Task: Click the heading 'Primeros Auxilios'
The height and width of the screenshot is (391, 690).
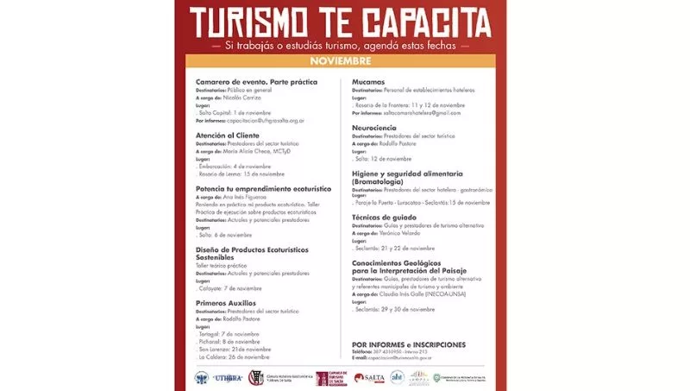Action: tap(226, 303)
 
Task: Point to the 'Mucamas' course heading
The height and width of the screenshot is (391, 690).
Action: tap(368, 81)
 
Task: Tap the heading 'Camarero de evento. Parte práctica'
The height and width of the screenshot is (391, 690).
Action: tap(256, 81)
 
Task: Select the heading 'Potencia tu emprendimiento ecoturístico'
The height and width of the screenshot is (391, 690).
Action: tap(263, 187)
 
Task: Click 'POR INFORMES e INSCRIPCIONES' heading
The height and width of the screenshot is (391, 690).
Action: tap(409, 344)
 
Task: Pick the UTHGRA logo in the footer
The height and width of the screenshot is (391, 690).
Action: tap(228, 377)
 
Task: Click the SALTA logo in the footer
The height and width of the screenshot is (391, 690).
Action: tap(370, 377)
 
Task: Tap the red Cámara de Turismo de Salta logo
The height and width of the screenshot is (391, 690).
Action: tap(332, 378)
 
